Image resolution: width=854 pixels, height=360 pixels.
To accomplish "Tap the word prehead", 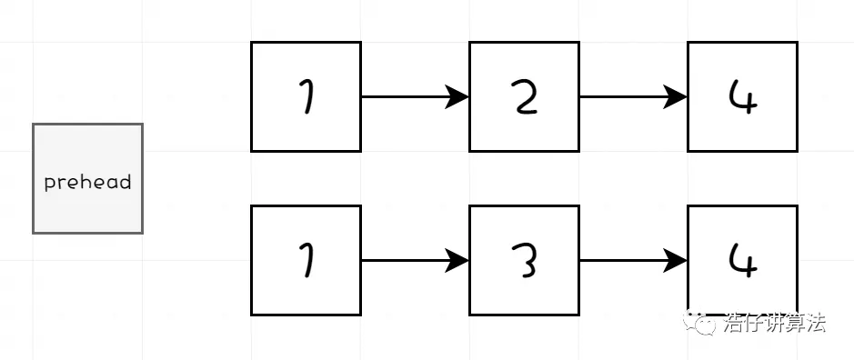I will click(x=87, y=182).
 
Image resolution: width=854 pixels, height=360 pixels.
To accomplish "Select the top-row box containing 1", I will click(x=306, y=96).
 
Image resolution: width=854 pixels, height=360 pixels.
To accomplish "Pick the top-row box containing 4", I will click(x=742, y=96).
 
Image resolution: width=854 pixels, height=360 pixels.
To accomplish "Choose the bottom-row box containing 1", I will click(x=306, y=260).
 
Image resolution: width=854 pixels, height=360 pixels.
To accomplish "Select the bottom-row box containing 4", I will click(x=742, y=260).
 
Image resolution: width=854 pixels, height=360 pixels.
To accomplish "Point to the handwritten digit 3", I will click(x=525, y=261).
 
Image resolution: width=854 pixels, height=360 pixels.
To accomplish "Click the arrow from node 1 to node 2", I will click(x=409, y=96).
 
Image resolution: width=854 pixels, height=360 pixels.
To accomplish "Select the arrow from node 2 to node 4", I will click(x=628, y=96).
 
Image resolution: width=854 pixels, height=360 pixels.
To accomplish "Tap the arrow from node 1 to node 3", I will click(x=409, y=260).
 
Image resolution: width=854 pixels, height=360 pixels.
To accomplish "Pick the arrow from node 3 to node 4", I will click(x=628, y=260).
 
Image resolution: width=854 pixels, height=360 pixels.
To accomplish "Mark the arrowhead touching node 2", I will click(x=457, y=96).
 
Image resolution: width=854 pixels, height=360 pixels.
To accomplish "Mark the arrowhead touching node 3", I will click(x=457, y=260).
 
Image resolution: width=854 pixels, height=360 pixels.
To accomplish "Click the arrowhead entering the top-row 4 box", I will click(x=676, y=96).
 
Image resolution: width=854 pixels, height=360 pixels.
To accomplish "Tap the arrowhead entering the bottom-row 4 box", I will click(x=676, y=260).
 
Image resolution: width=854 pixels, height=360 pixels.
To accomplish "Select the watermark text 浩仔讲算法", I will click(x=775, y=323).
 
